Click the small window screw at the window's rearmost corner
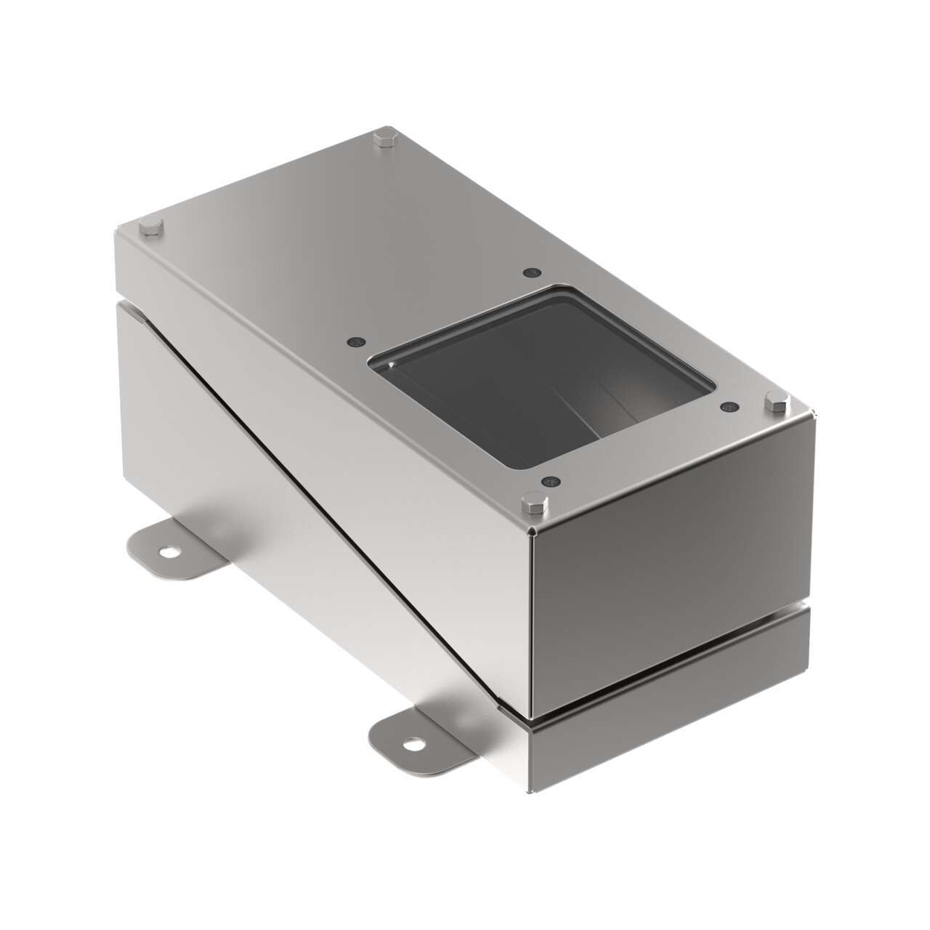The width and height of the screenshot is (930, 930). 530,273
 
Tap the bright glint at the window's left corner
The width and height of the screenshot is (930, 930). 393,364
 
